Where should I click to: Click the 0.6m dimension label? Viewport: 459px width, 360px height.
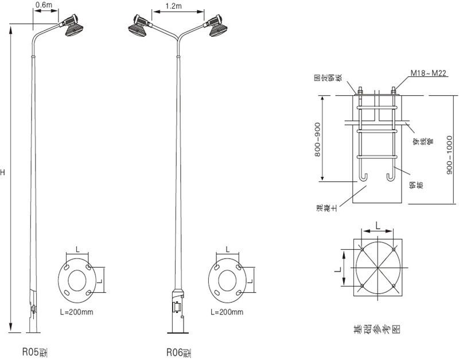coord(44,5)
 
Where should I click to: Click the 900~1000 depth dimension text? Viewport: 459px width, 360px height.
coord(450,150)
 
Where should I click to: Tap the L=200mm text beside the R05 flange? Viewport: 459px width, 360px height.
coord(76,312)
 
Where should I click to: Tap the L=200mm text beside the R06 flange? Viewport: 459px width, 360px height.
coord(227,312)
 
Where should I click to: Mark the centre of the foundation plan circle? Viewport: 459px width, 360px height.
coord(377,268)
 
